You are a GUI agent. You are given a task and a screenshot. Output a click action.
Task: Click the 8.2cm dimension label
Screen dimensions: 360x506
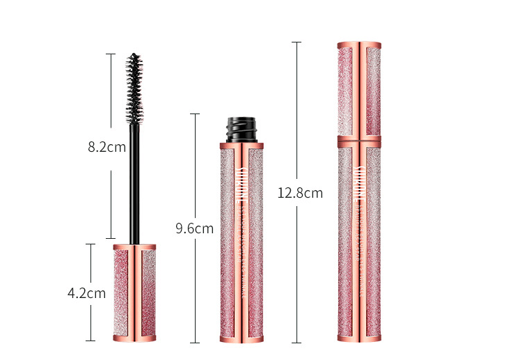coord(106,147)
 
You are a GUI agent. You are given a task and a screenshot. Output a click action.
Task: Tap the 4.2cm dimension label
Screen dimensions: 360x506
coord(86,293)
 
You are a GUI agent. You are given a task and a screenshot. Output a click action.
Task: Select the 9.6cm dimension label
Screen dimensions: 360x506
coord(194,228)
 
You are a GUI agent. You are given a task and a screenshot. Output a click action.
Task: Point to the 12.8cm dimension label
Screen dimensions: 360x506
coord(299,194)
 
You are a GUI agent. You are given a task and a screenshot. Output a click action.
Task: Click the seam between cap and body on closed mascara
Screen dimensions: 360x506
coord(359,136)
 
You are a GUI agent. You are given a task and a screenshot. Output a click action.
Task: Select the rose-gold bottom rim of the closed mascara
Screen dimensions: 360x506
coord(359,338)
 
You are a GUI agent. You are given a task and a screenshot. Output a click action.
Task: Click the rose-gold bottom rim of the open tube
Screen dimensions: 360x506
coord(242,339)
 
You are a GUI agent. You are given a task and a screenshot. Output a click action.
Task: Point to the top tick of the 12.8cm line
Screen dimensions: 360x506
coord(297,42)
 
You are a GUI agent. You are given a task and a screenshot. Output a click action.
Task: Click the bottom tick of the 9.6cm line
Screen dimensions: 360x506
coord(195,342)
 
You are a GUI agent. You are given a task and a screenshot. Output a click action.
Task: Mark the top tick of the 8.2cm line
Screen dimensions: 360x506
coord(110,54)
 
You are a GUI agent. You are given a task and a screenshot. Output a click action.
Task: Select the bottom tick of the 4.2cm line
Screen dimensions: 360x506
coord(90,341)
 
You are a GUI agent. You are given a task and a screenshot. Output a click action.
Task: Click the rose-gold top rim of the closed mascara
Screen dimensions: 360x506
coord(359,45)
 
